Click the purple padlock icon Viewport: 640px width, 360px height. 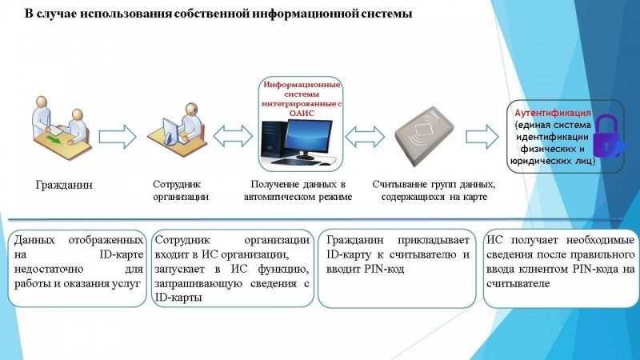pyautogui.click(x=607, y=136)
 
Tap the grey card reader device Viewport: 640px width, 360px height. pyautogui.click(x=424, y=135)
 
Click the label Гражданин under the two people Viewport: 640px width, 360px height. pyautogui.click(x=64, y=185)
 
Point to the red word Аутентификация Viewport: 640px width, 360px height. pyautogui.click(x=553, y=113)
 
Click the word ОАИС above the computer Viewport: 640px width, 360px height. pyautogui.click(x=302, y=113)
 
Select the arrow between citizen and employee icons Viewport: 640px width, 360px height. pyautogui.click(x=118, y=136)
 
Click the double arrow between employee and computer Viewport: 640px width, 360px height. pyautogui.click(x=233, y=136)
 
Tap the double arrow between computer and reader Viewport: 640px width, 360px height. pyautogui.click(x=365, y=136)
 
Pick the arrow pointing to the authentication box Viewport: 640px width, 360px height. pyautogui.click(x=482, y=136)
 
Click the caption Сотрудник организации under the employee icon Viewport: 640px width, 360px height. pyautogui.click(x=181, y=190)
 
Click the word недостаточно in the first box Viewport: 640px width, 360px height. pyautogui.click(x=49, y=269)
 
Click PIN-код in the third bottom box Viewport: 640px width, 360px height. pyautogui.click(x=385, y=270)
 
